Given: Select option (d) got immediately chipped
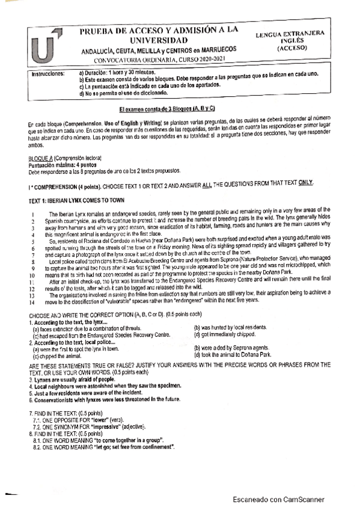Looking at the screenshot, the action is coord(224,334).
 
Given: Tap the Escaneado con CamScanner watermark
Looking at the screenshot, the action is coord(278,499).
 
